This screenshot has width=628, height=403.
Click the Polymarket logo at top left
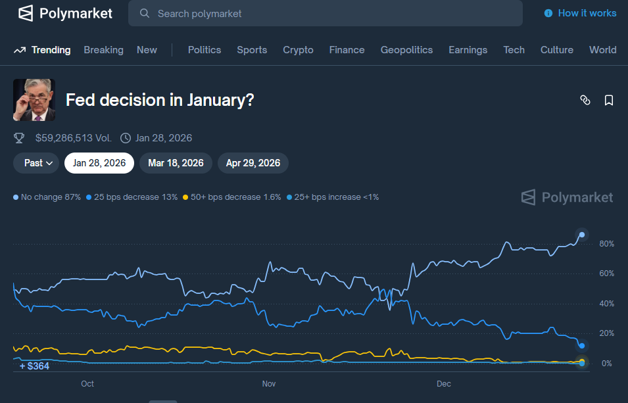(65, 13)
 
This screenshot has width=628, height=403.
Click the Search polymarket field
(326, 13)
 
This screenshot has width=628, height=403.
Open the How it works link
(581, 13)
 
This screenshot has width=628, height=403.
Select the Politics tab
(205, 50)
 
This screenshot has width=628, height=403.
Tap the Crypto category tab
(298, 50)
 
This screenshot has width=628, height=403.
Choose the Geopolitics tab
(406, 50)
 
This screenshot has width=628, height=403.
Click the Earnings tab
(468, 50)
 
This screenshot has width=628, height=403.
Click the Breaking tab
(103, 50)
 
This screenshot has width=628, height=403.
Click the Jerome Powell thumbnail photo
(34, 100)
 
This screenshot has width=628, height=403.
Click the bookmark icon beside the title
(609, 100)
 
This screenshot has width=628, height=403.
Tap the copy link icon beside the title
(585, 100)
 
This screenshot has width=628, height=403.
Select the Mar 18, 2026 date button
(176, 163)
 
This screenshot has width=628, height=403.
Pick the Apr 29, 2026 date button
(253, 163)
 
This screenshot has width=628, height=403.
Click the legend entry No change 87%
(47, 197)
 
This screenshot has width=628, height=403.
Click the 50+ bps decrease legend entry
(231, 197)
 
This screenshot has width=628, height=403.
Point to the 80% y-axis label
(606, 244)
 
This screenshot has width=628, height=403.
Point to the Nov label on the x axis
(268, 384)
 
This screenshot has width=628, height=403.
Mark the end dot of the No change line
(582, 235)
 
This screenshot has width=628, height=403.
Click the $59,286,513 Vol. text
(74, 138)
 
